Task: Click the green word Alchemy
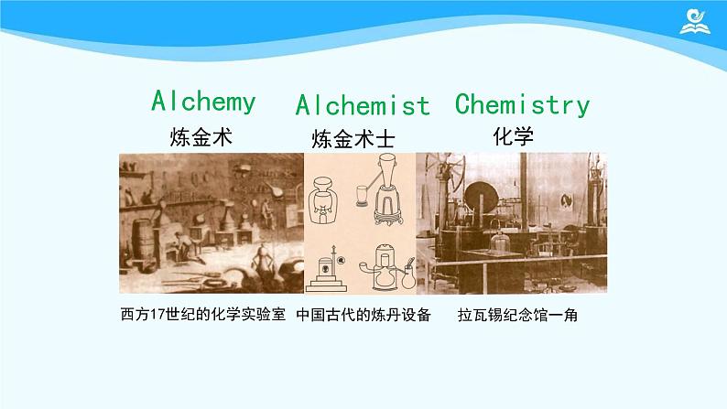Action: click(203, 101)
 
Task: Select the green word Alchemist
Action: click(363, 105)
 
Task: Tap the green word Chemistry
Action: click(522, 103)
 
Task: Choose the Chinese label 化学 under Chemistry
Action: click(513, 136)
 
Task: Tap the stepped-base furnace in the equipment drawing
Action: click(326, 265)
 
